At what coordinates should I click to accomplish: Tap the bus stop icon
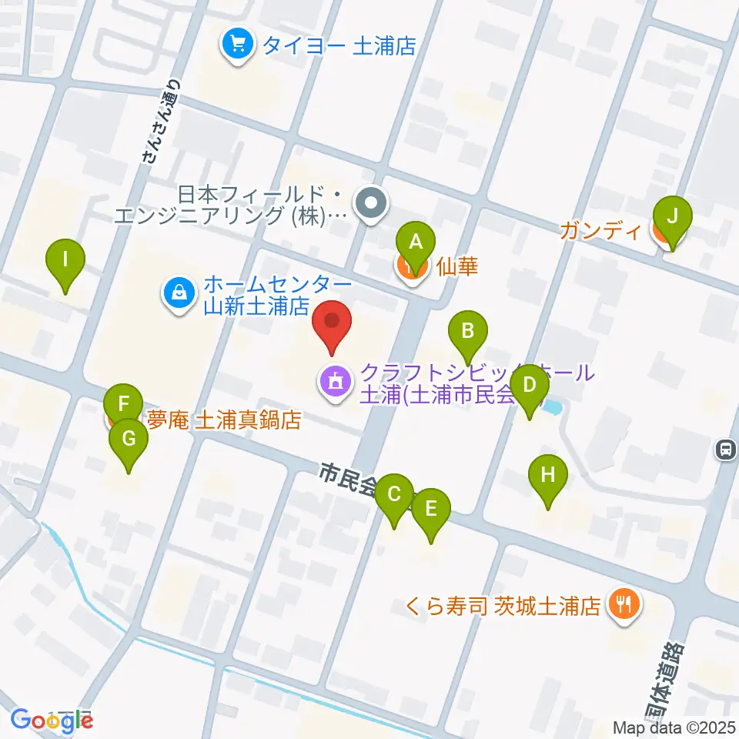[x=725, y=449]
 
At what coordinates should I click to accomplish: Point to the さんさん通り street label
[x=162, y=122]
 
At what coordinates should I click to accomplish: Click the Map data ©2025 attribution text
[x=674, y=727]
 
